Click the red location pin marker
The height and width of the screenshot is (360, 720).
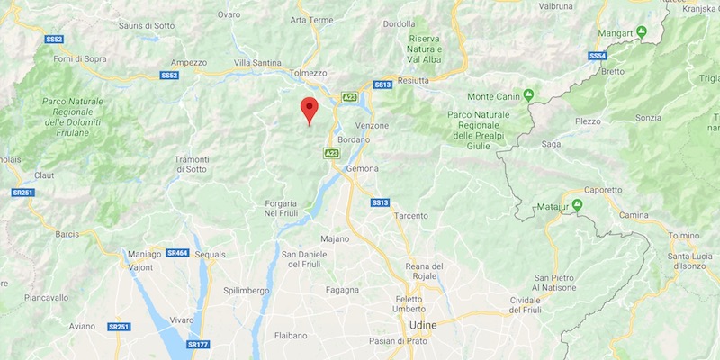[x=310, y=110]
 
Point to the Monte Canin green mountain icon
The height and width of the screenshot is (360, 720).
[x=529, y=94]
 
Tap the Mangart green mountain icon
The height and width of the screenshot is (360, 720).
[x=643, y=33]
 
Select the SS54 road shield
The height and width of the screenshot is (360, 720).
[x=598, y=56]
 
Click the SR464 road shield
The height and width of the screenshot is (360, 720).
[x=177, y=253]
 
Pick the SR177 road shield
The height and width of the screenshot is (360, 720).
[x=197, y=344]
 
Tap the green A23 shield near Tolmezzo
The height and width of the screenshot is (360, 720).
[x=350, y=96]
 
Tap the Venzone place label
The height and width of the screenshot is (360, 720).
[x=372, y=125]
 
